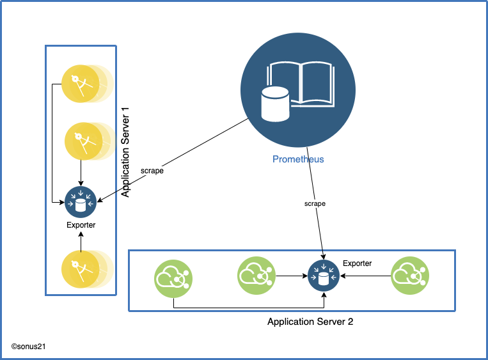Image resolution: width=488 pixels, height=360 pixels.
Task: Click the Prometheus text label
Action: coord(298,159)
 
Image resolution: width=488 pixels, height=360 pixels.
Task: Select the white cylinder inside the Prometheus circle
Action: coord(275,104)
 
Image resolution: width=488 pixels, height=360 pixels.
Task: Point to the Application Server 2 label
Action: coord(310,322)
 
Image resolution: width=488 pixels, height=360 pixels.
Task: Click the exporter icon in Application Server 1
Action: coord(81,203)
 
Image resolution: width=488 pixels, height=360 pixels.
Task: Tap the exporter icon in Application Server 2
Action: coord(324,276)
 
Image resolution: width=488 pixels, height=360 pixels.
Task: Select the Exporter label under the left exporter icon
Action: coord(81,225)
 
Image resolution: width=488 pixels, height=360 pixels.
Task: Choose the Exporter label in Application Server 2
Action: coord(357,263)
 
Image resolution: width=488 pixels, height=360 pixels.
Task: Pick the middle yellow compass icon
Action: coord(81,141)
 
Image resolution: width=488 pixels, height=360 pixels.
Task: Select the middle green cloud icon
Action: coord(256,276)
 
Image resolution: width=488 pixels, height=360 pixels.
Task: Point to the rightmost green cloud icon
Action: coord(410,276)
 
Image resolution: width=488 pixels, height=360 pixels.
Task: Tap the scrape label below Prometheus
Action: coord(315,203)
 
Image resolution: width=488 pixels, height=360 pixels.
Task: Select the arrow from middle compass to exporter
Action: coord(81,173)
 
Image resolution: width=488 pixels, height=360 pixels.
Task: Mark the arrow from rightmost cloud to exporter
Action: coord(365,276)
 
